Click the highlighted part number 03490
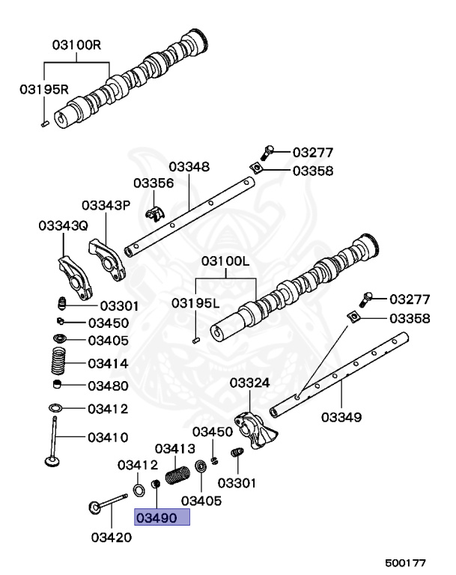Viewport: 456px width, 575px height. click(x=162, y=517)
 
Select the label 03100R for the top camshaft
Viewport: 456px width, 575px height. click(x=76, y=45)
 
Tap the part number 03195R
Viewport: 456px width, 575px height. click(x=44, y=89)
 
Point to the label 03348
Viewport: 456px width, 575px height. click(x=189, y=166)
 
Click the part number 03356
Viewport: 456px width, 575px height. click(x=153, y=183)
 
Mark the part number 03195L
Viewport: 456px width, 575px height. click(x=195, y=303)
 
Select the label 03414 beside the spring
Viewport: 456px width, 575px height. click(x=108, y=364)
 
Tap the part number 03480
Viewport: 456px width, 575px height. click(x=108, y=386)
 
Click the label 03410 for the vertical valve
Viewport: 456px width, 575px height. click(x=108, y=436)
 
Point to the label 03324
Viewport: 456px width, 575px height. click(x=249, y=383)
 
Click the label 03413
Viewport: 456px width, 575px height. click(x=174, y=448)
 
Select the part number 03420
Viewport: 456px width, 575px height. click(x=112, y=536)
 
